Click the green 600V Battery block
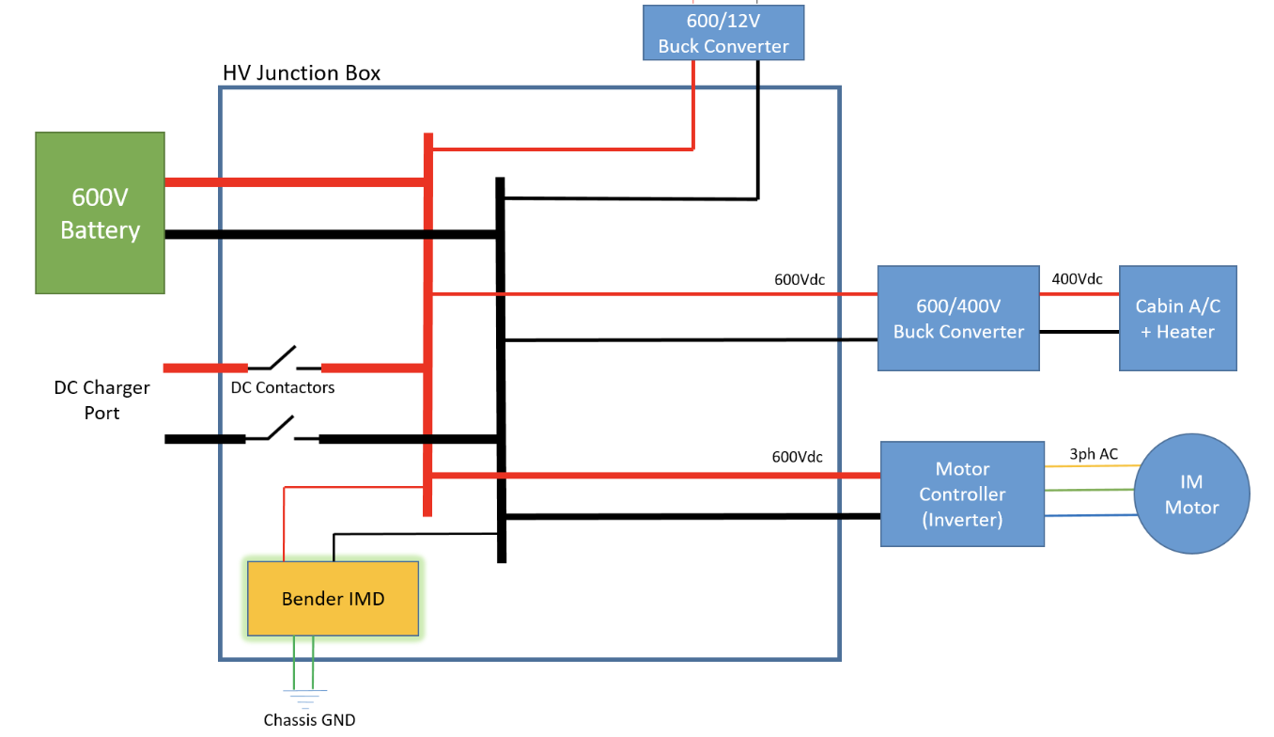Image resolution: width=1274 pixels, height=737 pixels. (100, 212)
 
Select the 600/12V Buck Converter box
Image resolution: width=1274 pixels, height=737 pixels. (723, 33)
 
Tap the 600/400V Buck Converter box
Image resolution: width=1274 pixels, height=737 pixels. (958, 318)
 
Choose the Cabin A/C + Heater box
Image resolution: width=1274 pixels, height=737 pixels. (1177, 318)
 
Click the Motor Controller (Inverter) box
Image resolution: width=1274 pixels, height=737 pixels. (962, 494)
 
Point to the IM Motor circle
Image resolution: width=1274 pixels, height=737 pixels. (1191, 494)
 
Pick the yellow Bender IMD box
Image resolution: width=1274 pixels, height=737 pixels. (333, 598)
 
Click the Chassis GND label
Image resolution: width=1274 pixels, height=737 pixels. (309, 720)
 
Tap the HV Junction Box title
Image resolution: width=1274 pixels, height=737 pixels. (302, 73)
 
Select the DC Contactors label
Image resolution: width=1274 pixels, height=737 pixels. (282, 387)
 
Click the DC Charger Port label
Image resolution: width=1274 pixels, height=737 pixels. (101, 400)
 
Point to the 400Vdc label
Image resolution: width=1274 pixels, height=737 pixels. (1077, 279)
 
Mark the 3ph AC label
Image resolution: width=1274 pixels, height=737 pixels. (1094, 454)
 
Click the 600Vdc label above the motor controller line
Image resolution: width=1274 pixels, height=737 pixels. (797, 457)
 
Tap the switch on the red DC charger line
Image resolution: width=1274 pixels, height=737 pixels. (284, 359)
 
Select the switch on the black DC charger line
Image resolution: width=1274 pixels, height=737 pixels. (282, 431)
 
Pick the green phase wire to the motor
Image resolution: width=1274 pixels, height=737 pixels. (1090, 490)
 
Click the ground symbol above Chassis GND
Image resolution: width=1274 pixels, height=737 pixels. (303, 698)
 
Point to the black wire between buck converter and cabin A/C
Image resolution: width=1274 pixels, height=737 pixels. (1079, 332)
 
